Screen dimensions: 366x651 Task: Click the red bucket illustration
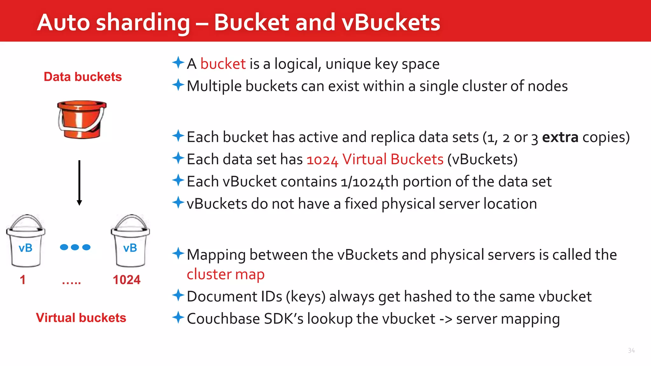82,120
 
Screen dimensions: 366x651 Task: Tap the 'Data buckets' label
83,77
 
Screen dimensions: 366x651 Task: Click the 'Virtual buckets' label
81,318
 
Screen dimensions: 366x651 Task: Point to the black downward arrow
79,183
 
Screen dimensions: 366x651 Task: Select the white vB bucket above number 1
26,241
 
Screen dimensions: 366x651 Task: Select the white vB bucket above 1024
130,241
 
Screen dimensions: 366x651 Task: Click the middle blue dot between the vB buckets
75,247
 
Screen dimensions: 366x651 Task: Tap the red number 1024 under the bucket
127,280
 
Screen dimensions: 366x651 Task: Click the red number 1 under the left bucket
23,280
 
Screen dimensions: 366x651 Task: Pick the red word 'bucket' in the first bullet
223,64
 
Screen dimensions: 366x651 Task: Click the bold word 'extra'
560,137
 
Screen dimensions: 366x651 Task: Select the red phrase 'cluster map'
225,274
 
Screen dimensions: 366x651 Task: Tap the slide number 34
631,350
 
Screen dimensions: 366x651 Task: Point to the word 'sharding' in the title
143,23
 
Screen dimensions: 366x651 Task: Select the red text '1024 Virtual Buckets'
375,159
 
